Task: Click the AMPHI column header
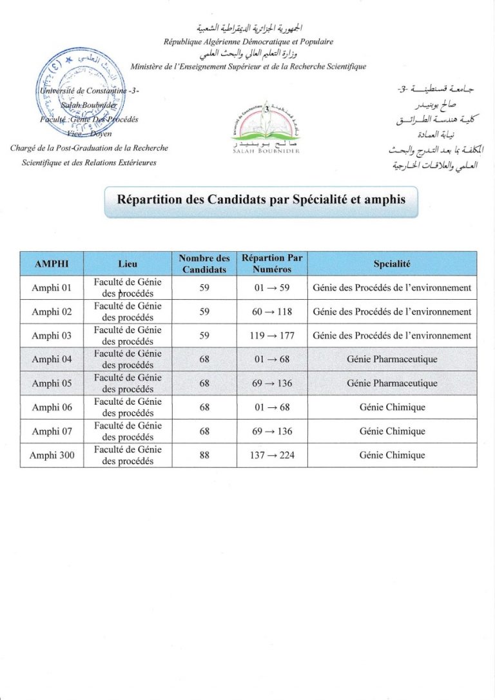click(52, 263)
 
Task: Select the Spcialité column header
click(392, 263)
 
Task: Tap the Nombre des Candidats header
click(204, 263)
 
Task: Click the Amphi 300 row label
click(52, 455)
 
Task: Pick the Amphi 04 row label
click(52, 359)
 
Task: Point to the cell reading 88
click(204, 455)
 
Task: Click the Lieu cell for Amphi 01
click(128, 287)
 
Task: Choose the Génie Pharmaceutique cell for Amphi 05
click(392, 383)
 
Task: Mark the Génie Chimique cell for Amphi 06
click(392, 407)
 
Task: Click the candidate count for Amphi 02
click(204, 311)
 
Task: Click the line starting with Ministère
click(248, 66)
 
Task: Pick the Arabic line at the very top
click(248, 28)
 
